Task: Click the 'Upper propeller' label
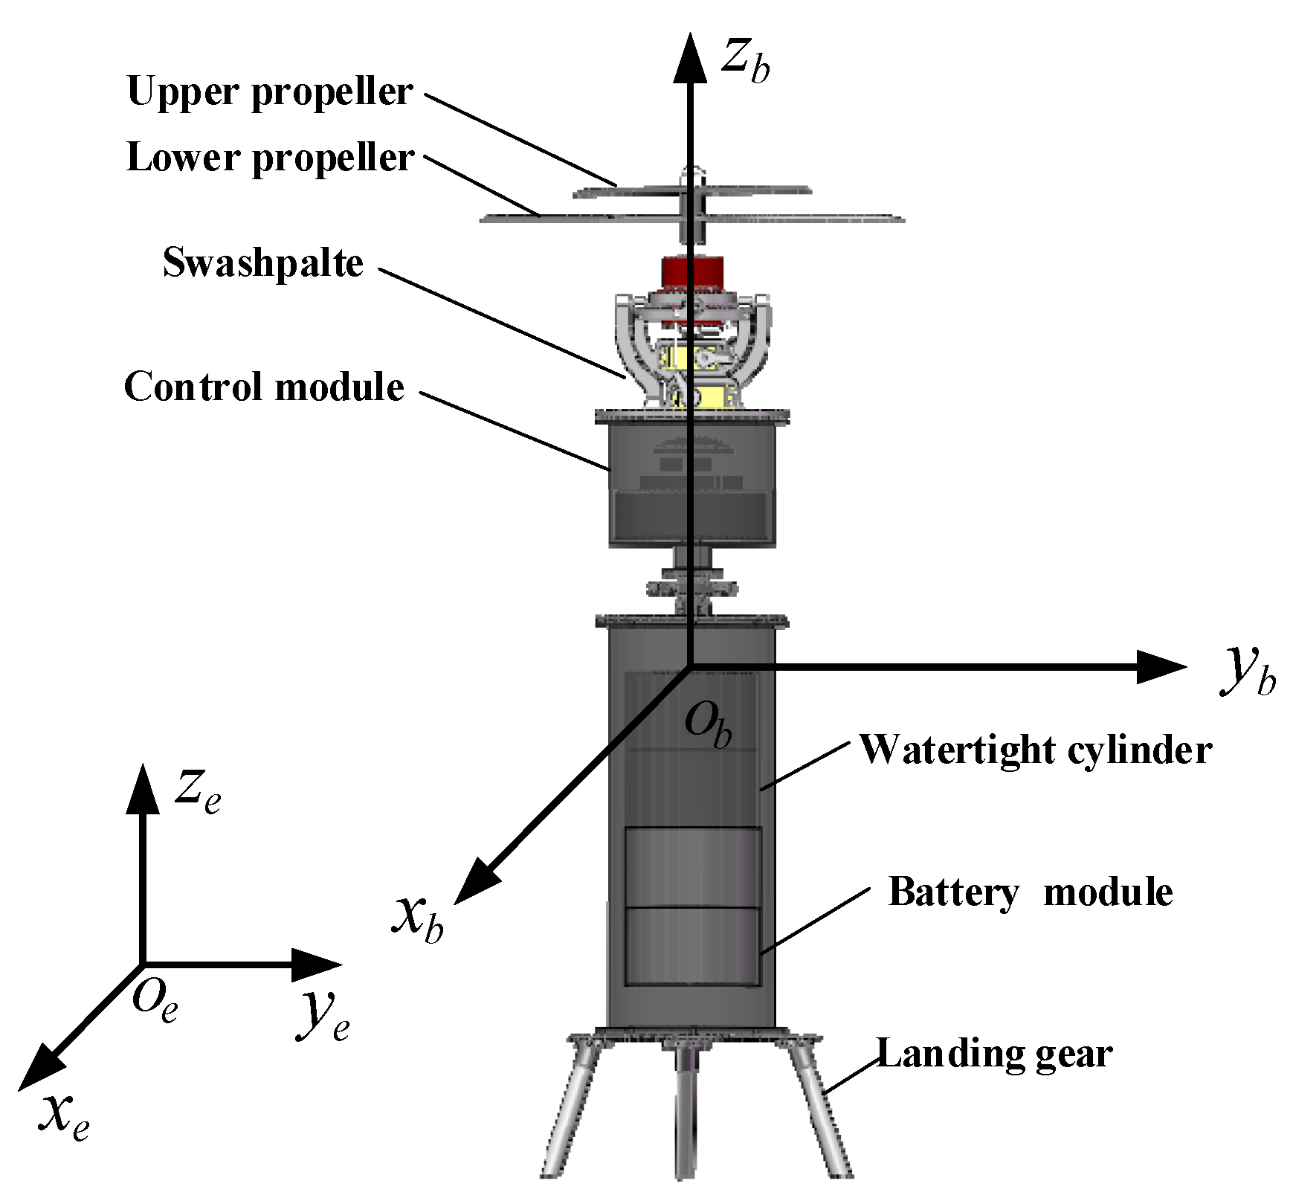click(269, 92)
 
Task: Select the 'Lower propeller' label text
click(269, 158)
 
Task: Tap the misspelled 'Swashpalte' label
click(262, 263)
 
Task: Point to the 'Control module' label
click(264, 387)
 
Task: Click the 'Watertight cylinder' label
click(1035, 750)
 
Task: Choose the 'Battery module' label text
click(1030, 891)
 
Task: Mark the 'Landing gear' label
click(994, 1054)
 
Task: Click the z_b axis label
click(745, 59)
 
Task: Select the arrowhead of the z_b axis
click(690, 59)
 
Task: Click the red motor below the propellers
click(691, 273)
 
